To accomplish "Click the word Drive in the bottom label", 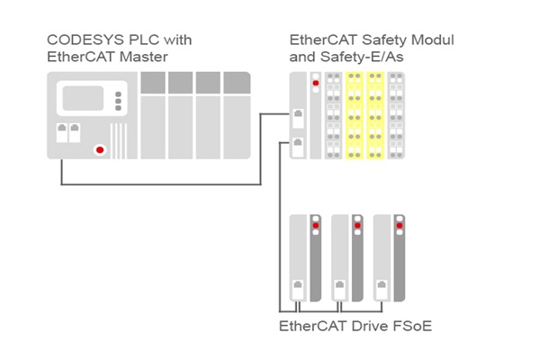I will (366, 325).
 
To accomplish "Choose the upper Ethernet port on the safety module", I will (297, 115).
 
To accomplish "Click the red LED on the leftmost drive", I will (315, 225).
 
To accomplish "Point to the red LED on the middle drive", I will (356, 225).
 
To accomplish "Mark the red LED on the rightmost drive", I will (398, 225).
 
